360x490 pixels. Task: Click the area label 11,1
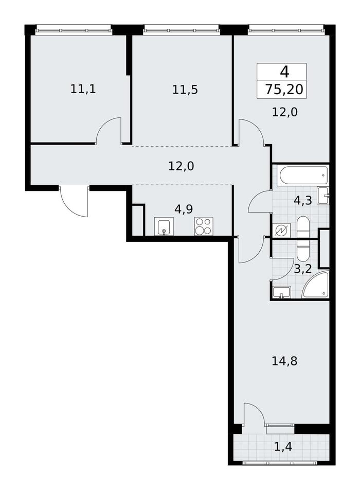click(83, 90)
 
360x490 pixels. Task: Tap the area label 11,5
click(185, 90)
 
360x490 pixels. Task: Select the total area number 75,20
click(284, 90)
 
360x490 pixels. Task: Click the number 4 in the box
click(284, 72)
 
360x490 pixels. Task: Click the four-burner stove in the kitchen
click(204, 226)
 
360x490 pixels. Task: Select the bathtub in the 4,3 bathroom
click(302, 176)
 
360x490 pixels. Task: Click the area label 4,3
click(303, 200)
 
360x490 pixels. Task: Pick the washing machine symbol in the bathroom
click(282, 231)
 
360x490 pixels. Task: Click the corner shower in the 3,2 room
click(316, 285)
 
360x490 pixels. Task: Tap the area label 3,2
click(303, 269)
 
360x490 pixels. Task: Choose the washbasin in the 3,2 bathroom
click(282, 292)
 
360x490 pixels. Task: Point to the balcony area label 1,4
click(283, 447)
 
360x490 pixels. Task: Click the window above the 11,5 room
click(182, 31)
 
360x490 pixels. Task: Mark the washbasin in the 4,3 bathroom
click(323, 196)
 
